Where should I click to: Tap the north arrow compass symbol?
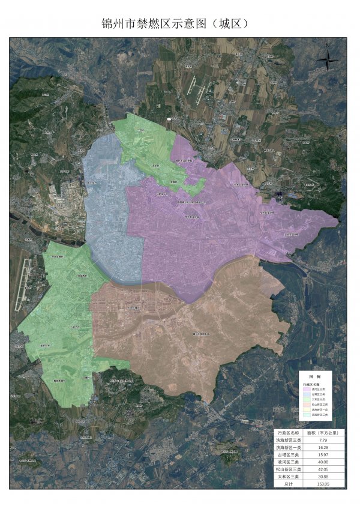(x=329, y=59)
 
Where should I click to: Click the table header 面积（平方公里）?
(x=324, y=432)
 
